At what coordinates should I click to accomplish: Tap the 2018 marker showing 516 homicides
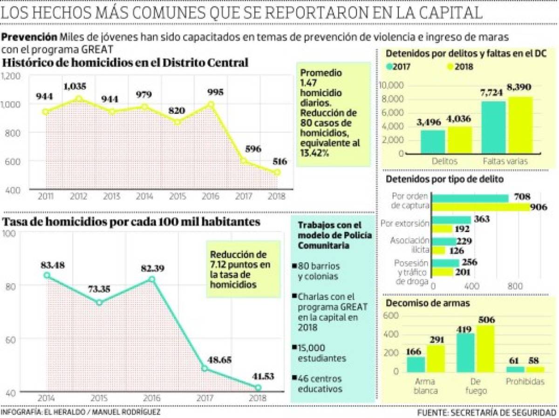277,173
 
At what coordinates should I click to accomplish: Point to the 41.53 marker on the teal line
258,387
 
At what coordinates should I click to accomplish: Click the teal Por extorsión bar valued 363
451,219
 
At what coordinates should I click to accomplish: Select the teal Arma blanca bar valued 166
416,364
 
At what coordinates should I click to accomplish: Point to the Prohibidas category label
525,382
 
